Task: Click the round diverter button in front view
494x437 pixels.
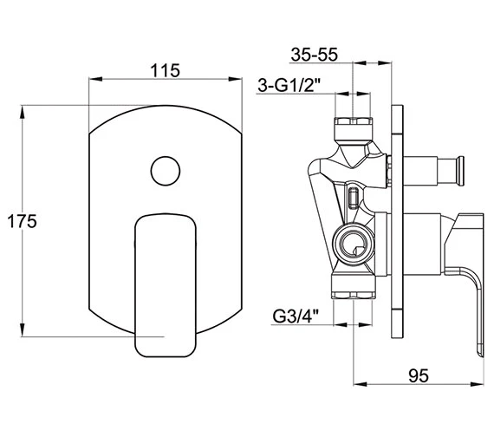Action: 163,169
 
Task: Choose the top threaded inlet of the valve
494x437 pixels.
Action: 352,125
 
